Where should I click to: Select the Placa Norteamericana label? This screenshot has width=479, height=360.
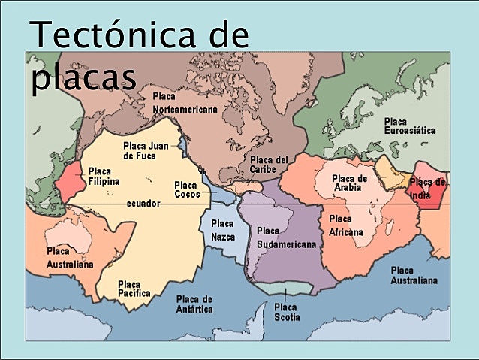[184, 103]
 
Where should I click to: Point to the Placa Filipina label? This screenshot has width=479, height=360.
[104, 176]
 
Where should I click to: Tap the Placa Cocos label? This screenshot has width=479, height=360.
[187, 189]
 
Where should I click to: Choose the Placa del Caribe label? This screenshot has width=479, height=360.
[269, 164]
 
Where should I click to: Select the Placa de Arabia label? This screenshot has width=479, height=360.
[350, 183]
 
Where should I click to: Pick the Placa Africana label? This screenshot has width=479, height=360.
[345, 225]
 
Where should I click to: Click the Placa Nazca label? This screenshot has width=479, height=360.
[222, 230]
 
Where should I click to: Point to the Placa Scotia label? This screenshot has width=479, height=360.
[287, 312]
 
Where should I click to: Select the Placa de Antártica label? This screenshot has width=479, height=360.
[194, 304]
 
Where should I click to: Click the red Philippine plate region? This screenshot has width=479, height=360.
[68, 180]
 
